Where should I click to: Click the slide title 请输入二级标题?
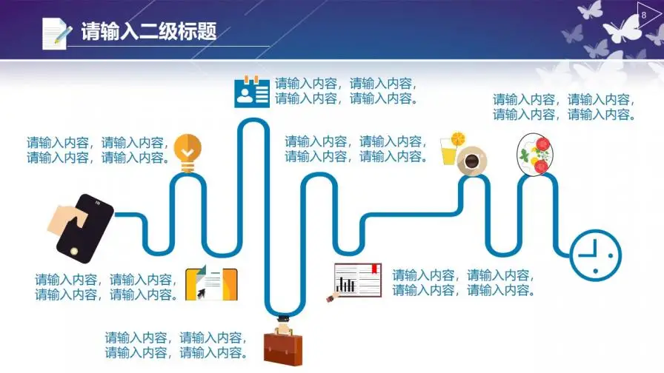click(149, 31)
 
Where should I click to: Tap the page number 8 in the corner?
click(644, 16)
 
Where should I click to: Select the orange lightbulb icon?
click(187, 153)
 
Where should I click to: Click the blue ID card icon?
click(252, 92)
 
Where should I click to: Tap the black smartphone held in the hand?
click(84, 229)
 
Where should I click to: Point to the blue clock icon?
click(595, 255)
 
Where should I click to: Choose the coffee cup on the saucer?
click(472, 161)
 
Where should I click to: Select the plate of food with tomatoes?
click(534, 154)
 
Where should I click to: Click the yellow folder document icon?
click(211, 283)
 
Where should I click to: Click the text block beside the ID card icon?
click(346, 91)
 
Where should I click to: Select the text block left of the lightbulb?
click(99, 150)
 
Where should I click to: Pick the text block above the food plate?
click(565, 107)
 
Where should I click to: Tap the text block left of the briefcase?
click(176, 345)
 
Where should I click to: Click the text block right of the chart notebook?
click(464, 283)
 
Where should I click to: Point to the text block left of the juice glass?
click(356, 149)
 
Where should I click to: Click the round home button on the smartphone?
click(74, 251)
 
